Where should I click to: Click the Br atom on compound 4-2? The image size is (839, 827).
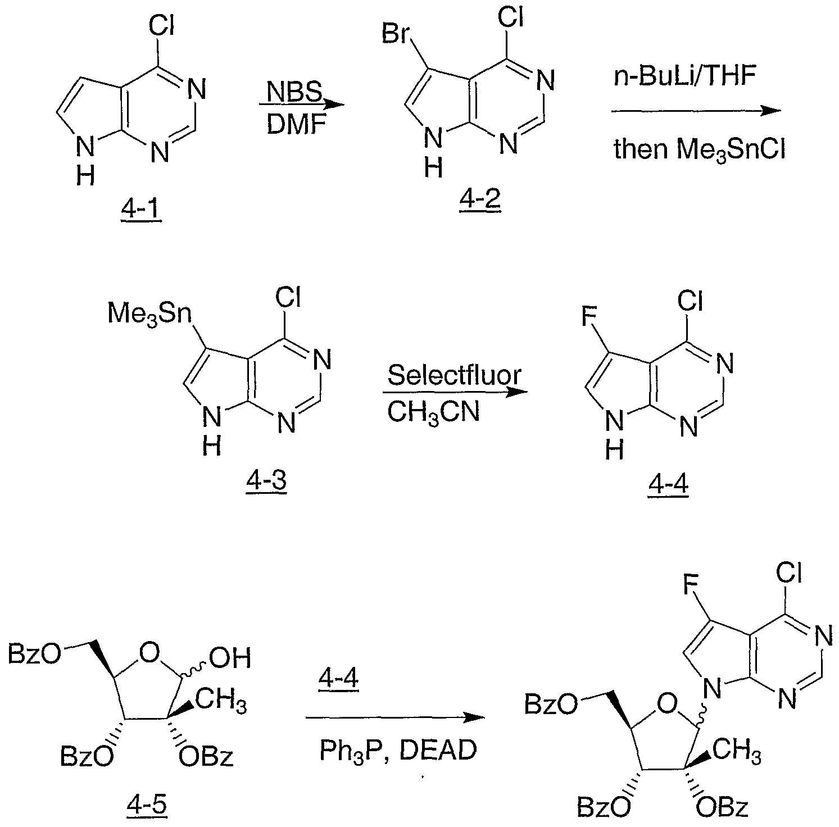pyautogui.click(x=394, y=34)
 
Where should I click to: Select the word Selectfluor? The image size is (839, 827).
pyautogui.click(x=454, y=375)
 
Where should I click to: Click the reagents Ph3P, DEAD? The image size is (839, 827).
pyautogui.click(x=398, y=751)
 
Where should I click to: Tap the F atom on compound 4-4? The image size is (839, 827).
pyautogui.click(x=588, y=316)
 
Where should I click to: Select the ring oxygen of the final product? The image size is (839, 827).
pyautogui.click(x=668, y=702)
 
